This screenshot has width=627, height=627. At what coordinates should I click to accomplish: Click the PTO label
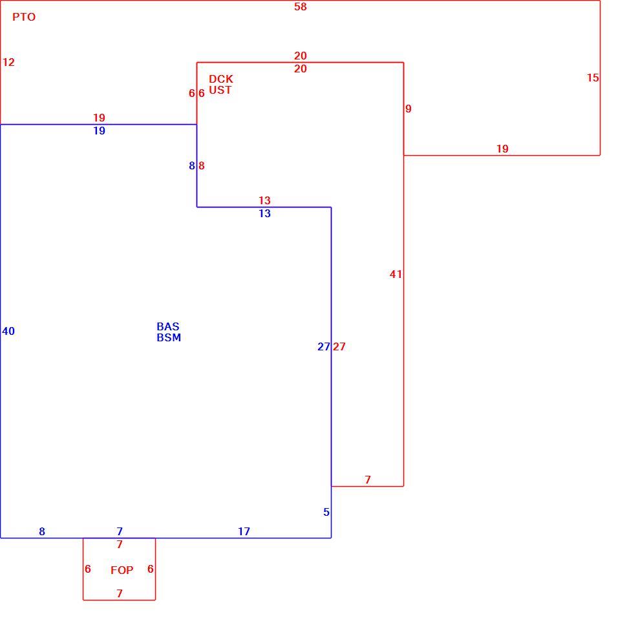point(24,17)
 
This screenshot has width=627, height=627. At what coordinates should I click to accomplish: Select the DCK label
point(220,79)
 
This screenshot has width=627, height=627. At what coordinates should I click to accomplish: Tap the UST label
point(220,90)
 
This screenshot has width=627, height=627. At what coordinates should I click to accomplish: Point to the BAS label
point(168,326)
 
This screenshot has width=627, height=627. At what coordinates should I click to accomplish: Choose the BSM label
point(169,337)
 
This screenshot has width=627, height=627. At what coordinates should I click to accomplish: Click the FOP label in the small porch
point(122,570)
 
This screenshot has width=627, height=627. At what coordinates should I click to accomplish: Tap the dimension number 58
point(301,7)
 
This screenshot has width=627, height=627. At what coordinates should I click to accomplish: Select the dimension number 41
point(396,274)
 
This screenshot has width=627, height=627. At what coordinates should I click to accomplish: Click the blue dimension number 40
point(8,331)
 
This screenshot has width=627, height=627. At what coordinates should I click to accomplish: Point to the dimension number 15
point(593,78)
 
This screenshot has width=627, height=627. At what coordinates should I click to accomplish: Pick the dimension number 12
point(8,63)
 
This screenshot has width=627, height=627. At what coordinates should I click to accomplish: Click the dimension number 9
point(409,109)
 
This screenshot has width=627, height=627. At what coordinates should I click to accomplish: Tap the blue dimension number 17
point(244,531)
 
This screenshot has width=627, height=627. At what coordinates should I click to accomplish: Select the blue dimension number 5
point(326,512)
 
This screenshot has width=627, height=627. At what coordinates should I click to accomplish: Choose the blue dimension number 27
point(324,346)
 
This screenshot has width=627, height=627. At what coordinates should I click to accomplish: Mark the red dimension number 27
point(339,346)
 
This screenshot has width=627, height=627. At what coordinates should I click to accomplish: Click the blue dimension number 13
point(265,213)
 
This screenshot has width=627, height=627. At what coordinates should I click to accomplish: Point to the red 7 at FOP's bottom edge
point(120,593)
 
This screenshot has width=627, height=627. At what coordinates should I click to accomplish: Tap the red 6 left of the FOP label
point(88,569)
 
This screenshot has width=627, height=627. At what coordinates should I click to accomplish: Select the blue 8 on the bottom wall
point(42,531)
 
